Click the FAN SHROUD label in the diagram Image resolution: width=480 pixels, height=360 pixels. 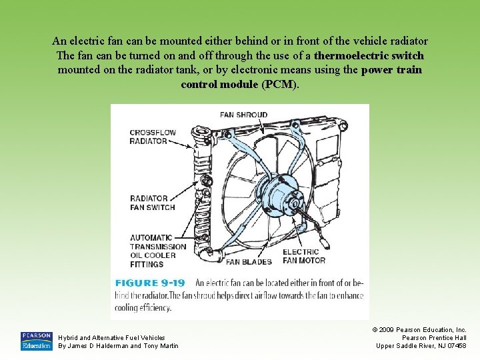click(x=243, y=115)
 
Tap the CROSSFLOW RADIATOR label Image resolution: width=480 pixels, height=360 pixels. click(x=153, y=137)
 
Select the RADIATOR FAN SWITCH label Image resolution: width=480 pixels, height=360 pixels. click(x=153, y=203)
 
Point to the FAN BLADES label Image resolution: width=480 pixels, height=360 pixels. click(x=249, y=262)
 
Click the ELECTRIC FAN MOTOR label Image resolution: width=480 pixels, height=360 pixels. click(x=304, y=256)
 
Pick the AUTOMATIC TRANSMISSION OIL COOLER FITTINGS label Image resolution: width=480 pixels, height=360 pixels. click(x=153, y=251)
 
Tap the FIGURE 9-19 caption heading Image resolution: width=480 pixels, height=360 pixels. click(x=150, y=283)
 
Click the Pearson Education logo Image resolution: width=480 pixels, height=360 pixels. click(x=36, y=341)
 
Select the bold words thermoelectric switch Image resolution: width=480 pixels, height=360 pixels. click(x=369, y=55)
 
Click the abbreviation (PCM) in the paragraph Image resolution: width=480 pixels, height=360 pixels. click(x=280, y=85)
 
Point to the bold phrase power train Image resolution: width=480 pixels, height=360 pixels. click(x=391, y=70)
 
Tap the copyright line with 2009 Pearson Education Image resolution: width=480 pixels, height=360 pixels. click(x=419, y=329)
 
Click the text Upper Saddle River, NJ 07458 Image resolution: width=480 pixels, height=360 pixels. click(x=421, y=345)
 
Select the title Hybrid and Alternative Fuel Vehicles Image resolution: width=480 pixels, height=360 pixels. click(x=112, y=338)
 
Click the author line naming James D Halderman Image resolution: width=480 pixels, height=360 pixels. click(x=119, y=345)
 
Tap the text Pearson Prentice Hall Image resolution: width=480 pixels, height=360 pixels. click(x=434, y=337)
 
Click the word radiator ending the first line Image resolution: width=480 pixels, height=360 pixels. click(x=406, y=41)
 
